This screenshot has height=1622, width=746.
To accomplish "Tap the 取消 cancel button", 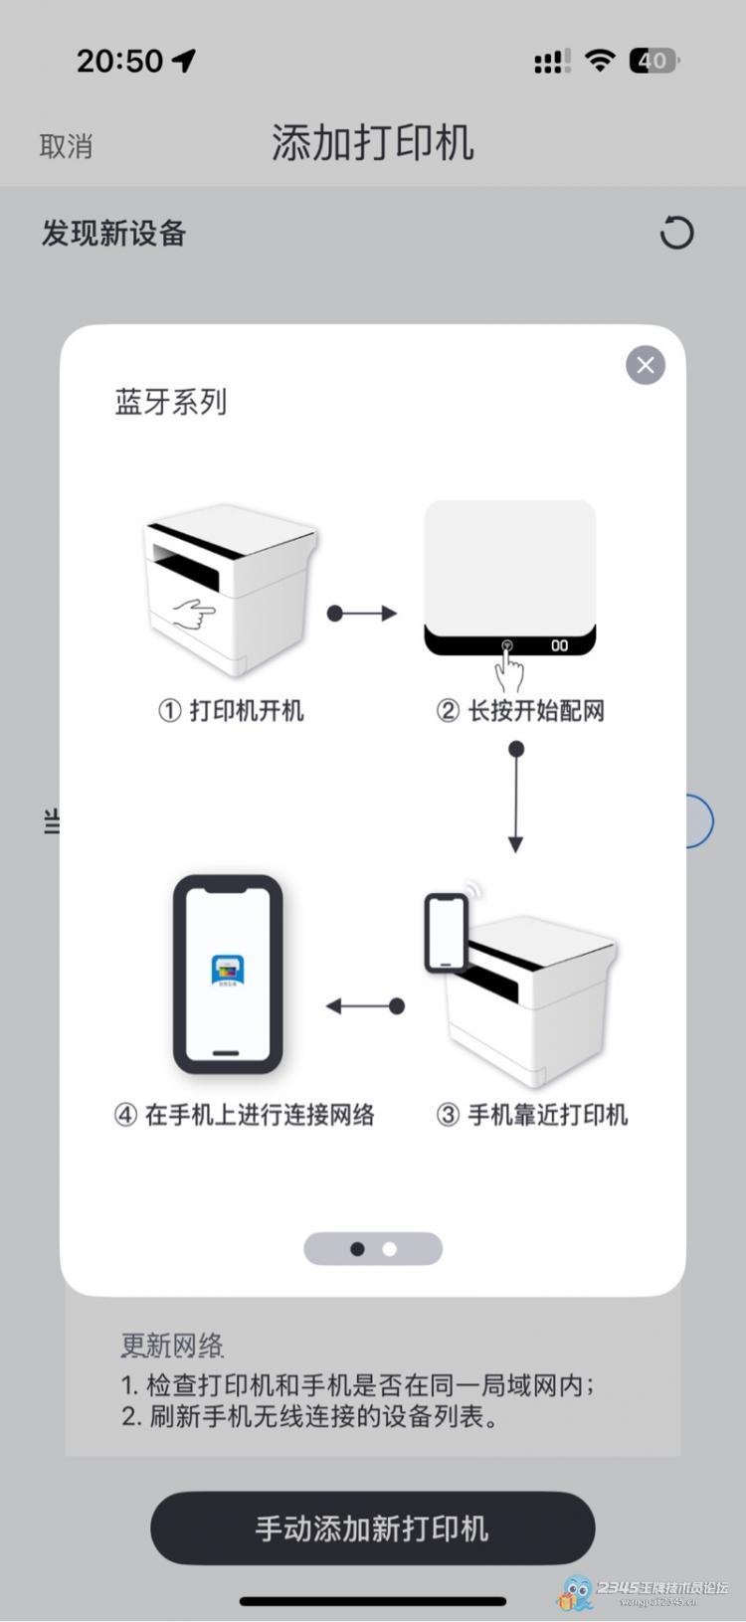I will (x=66, y=146).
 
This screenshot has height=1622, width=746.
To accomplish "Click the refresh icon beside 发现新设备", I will (x=676, y=233).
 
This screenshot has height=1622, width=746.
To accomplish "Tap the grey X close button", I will (x=646, y=365).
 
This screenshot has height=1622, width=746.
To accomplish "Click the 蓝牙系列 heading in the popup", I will (x=171, y=402).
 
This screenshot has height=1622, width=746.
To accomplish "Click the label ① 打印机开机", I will (x=231, y=710).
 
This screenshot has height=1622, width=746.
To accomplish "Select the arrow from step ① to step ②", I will (x=362, y=614).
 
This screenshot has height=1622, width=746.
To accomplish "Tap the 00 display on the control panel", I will (x=560, y=645).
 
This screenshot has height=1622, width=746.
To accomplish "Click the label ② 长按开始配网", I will (x=520, y=710).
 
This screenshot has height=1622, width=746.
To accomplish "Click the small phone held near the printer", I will (x=446, y=932).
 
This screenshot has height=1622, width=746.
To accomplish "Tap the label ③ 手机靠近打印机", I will (x=532, y=1115).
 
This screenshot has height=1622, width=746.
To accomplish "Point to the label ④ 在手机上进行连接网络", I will (x=245, y=1115).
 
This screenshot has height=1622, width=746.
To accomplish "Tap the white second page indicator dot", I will (x=390, y=1249).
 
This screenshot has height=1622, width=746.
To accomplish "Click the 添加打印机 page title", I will (x=373, y=143).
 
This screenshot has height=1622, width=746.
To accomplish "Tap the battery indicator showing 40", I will (x=653, y=61).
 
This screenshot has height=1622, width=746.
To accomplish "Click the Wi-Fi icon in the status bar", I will (x=600, y=60).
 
